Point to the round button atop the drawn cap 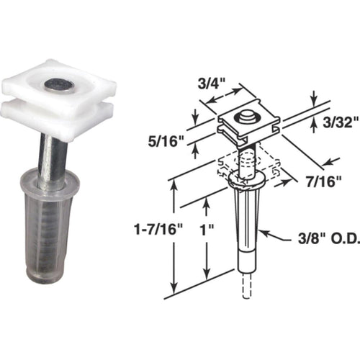point(247,116)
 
